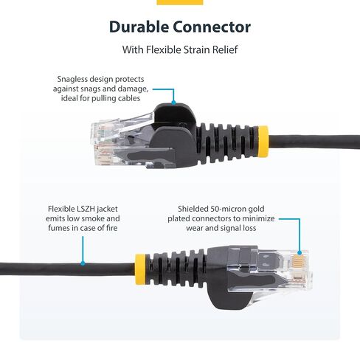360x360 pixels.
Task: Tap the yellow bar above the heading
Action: [180, 2]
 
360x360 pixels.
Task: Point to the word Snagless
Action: [75, 79]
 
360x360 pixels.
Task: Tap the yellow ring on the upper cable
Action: [262, 137]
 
